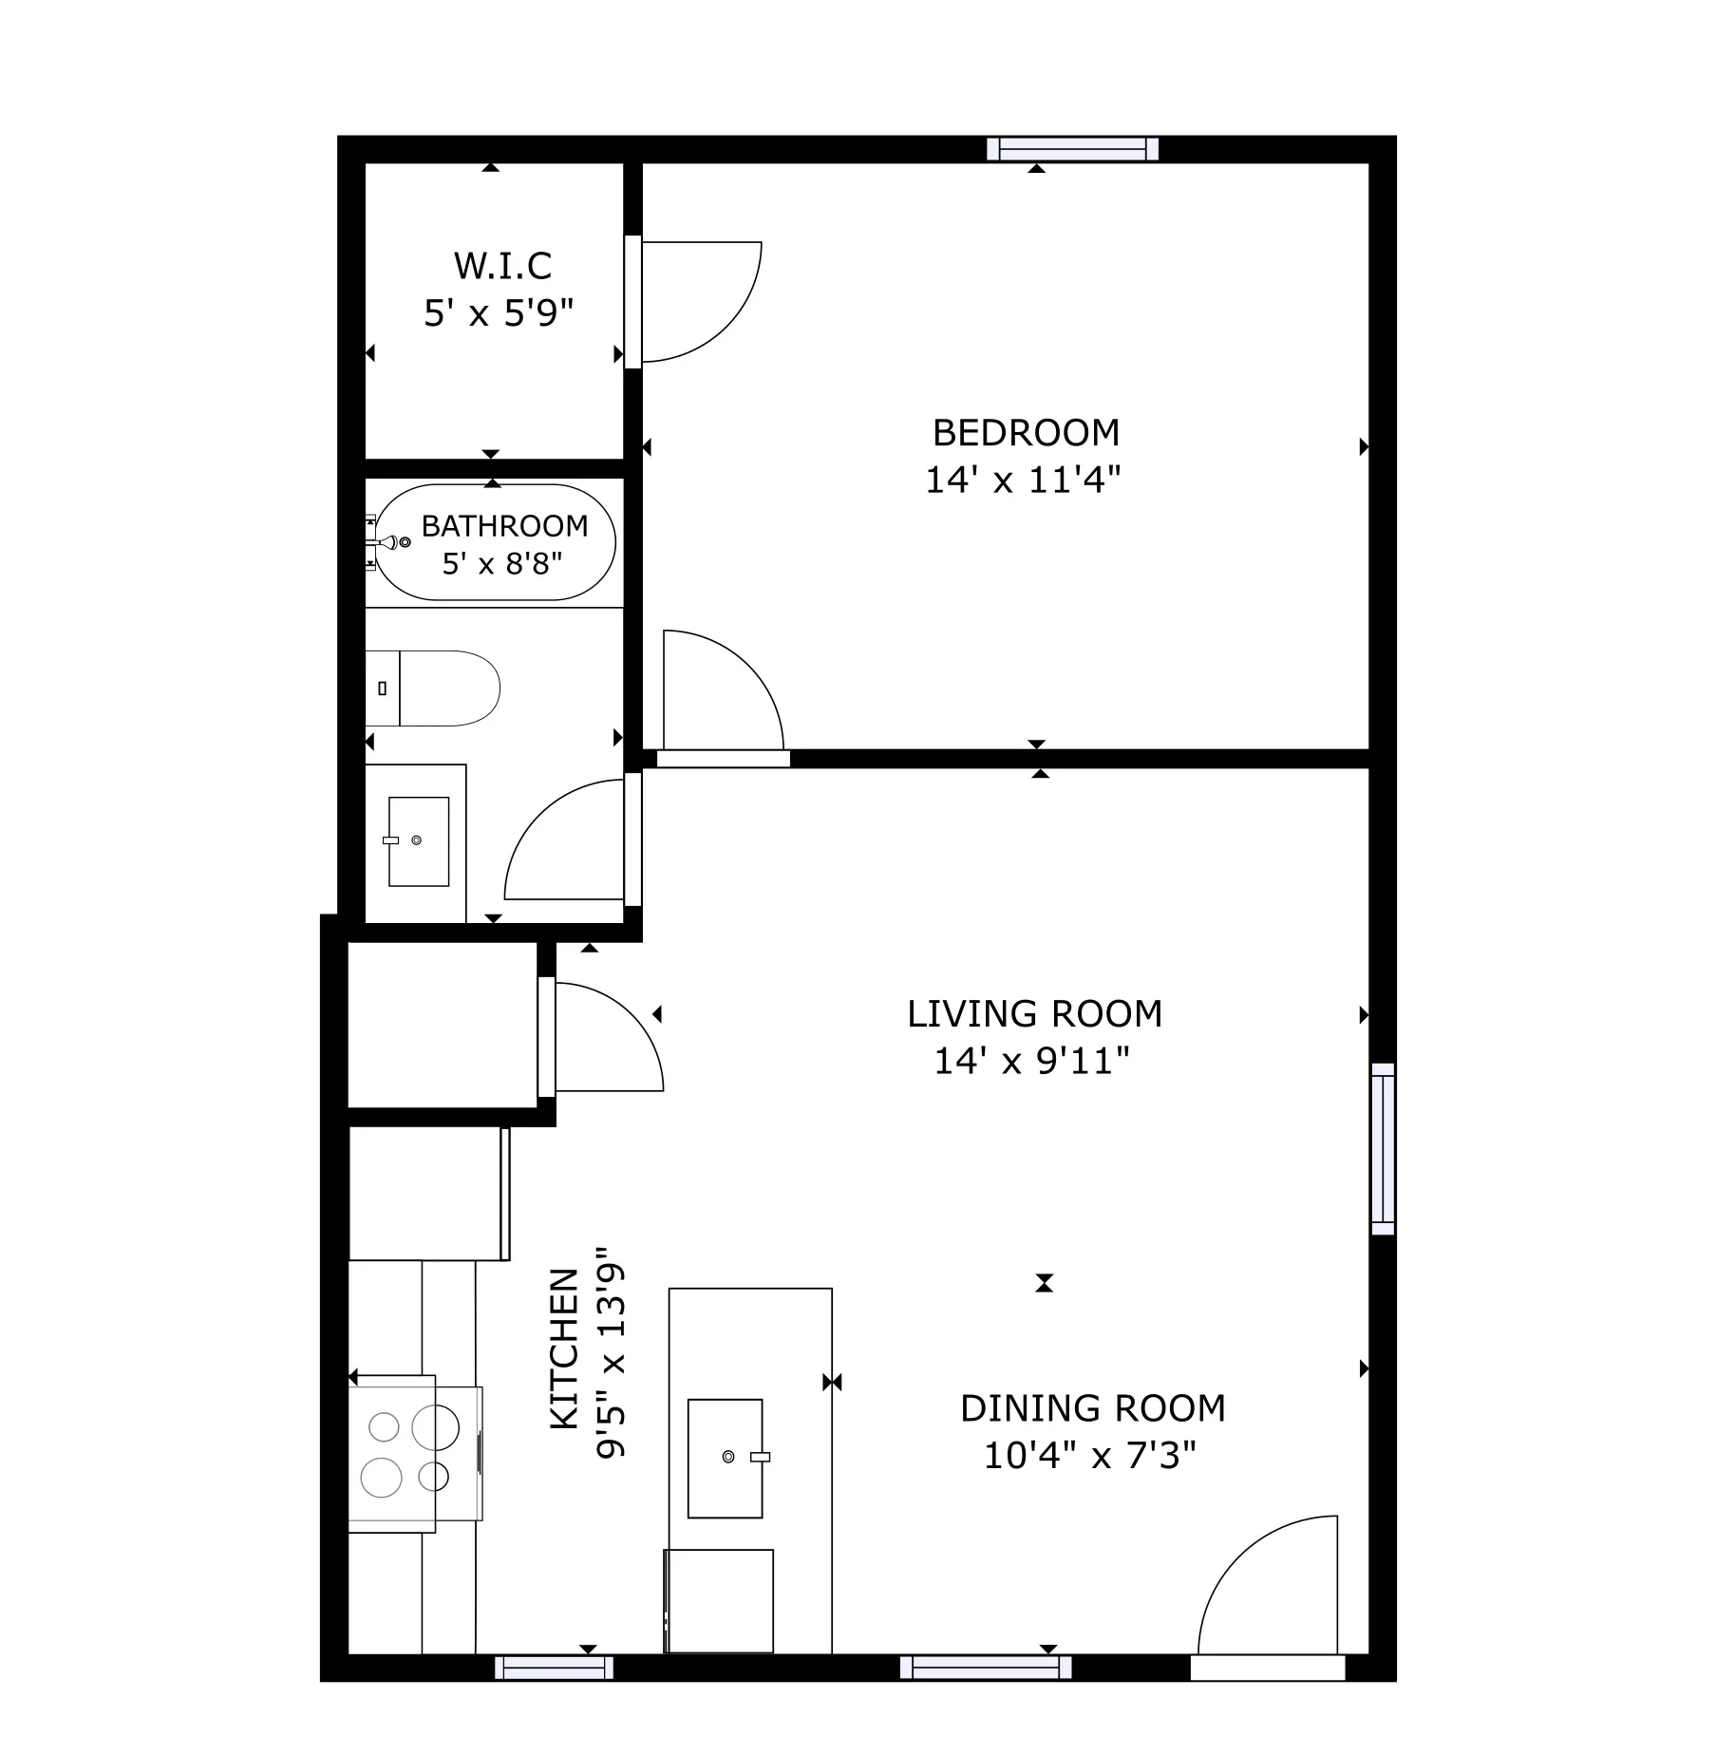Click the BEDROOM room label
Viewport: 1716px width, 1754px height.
click(x=1026, y=433)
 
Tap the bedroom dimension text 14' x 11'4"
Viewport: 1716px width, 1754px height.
click(x=1023, y=480)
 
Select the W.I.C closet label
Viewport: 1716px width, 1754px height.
click(x=502, y=266)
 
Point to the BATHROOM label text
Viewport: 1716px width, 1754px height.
click(x=504, y=525)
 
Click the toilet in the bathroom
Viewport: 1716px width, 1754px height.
click(x=433, y=688)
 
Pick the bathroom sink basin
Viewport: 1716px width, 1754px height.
click(x=419, y=841)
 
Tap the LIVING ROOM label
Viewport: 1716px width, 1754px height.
click(x=1034, y=1014)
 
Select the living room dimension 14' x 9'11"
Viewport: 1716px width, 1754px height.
click(x=1032, y=1061)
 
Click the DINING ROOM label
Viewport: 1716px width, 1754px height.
click(x=1093, y=1408)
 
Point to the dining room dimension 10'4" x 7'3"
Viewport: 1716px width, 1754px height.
click(x=1089, y=1455)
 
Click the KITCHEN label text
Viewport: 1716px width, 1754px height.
click(x=565, y=1349)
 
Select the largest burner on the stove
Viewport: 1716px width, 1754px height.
click(x=436, y=1426)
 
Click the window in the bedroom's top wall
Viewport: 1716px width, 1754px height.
click(x=1073, y=149)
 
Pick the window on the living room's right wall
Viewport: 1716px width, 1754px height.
click(x=1383, y=1149)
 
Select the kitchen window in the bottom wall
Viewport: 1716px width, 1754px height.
click(x=554, y=1668)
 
